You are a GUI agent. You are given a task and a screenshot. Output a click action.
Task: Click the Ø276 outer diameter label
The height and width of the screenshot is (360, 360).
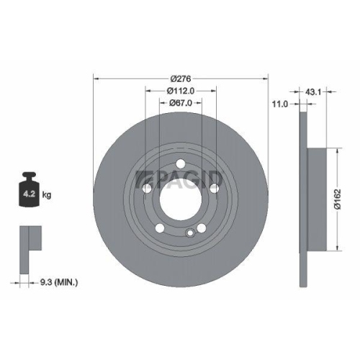181,78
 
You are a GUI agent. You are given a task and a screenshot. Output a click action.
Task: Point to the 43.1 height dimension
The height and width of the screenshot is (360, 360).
314,92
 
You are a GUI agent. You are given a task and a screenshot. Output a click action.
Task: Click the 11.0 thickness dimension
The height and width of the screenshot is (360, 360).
280,104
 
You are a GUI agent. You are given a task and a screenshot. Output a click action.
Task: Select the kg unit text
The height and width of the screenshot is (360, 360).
46,194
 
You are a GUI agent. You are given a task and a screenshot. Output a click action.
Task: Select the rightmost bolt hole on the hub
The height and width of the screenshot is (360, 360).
213,188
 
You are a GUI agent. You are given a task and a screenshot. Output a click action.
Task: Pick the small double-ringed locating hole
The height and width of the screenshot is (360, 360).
189,232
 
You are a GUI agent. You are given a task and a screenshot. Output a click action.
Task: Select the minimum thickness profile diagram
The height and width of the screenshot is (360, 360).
28,238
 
